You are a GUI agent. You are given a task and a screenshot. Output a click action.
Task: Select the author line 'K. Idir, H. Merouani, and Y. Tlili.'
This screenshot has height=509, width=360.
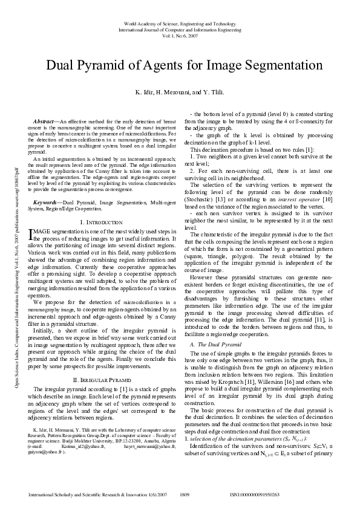[180, 92]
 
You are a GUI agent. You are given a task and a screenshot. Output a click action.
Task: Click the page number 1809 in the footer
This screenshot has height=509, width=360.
[186, 494]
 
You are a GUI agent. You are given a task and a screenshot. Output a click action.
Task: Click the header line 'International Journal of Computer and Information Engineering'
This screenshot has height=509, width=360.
[180, 28]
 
